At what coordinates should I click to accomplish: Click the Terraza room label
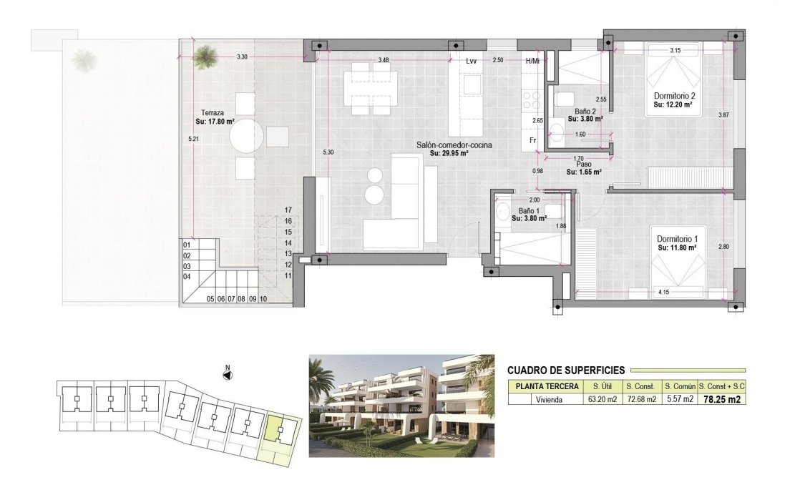click(x=213, y=113)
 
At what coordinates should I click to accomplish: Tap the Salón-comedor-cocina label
click(x=454, y=145)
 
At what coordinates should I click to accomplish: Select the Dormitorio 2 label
click(x=675, y=96)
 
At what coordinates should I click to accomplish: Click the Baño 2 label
click(x=585, y=112)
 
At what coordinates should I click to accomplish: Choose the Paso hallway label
click(x=583, y=164)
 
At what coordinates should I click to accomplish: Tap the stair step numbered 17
click(x=289, y=210)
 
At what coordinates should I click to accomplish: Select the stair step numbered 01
click(x=187, y=245)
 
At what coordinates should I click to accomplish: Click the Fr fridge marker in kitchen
click(x=533, y=140)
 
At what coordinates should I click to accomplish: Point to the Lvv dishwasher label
click(x=471, y=62)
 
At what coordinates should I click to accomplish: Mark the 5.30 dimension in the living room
click(x=328, y=152)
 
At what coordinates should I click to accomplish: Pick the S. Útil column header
click(x=602, y=386)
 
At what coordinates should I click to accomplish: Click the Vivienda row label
click(x=546, y=399)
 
